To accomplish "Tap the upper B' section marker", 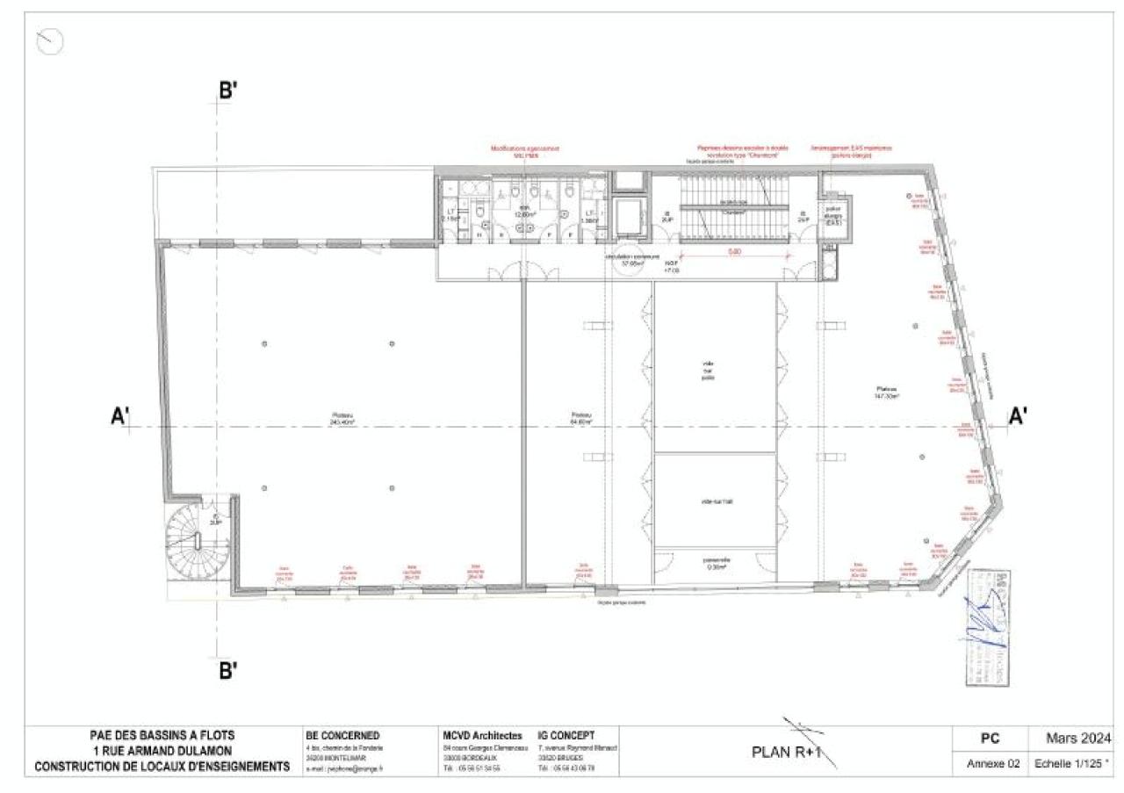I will click(228, 90).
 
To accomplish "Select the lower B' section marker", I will click(228, 672).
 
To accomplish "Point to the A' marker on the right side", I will click(1018, 416).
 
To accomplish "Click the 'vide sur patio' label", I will click(709, 371).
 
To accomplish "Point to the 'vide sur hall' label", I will click(716, 501).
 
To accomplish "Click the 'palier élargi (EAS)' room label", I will click(832, 216).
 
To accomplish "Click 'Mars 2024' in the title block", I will click(1079, 738).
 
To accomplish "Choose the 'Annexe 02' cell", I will click(992, 764).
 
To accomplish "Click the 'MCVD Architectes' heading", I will click(482, 736).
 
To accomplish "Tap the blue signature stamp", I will click(985, 624).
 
